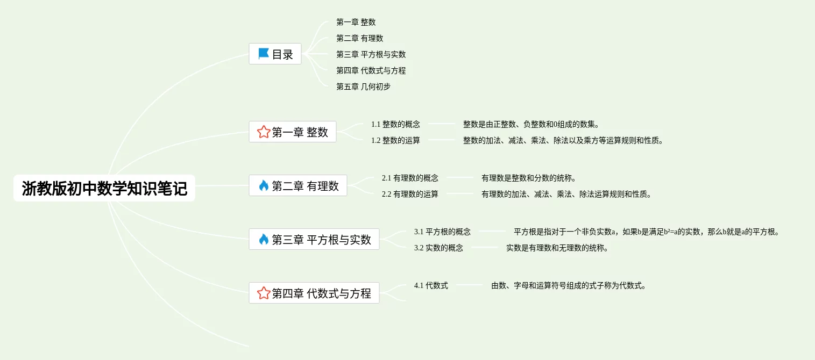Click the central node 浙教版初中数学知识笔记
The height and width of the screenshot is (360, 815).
(104, 188)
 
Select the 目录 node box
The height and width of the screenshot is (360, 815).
(275, 54)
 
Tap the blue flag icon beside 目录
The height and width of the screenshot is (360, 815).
(264, 54)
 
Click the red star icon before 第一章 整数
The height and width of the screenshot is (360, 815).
(264, 132)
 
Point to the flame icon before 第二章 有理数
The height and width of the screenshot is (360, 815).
(264, 186)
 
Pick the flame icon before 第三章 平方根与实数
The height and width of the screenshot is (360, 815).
(264, 240)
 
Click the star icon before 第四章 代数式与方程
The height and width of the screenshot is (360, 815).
(264, 293)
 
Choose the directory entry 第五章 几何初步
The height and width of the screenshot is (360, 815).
(363, 87)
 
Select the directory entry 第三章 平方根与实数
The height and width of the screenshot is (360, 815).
(371, 54)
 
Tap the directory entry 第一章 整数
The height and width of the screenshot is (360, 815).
(356, 22)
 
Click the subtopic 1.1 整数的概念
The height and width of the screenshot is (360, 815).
(395, 124)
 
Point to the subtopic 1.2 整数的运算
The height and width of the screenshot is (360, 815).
(395, 140)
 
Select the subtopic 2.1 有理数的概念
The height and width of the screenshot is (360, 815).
(410, 178)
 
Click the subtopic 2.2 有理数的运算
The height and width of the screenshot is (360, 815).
(410, 194)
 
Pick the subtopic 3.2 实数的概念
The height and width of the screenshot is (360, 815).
(438, 248)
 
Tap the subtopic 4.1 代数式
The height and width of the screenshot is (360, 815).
(431, 285)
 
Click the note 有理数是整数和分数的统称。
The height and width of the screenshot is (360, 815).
(528, 178)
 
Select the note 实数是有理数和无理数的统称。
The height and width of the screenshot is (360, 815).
(557, 248)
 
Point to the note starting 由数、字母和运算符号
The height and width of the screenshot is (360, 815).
(568, 285)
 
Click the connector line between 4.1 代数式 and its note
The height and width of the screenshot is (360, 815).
(470, 285)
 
